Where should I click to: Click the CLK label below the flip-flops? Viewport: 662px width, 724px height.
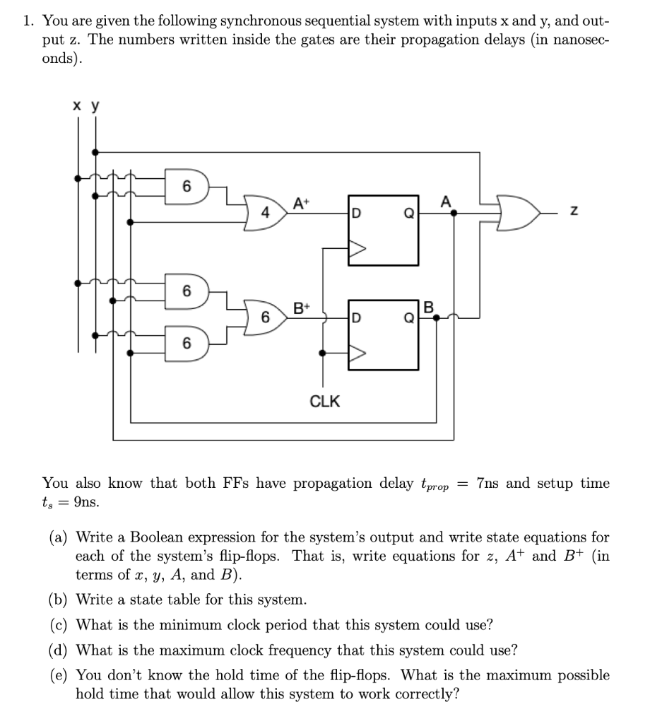click(x=325, y=402)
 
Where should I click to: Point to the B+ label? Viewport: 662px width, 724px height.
click(x=301, y=308)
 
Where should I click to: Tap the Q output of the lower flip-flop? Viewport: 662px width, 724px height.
click(x=409, y=317)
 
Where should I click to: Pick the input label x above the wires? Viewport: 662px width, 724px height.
click(x=76, y=105)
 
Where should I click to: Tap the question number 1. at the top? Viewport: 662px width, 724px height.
click(x=29, y=21)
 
